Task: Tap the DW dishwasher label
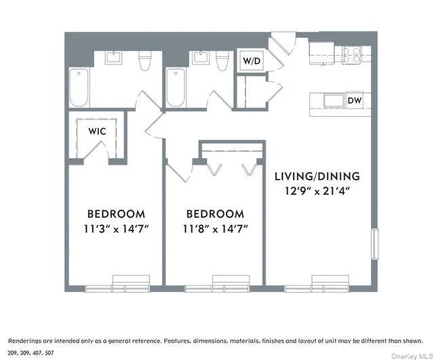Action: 354,101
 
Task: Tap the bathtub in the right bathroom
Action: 175,87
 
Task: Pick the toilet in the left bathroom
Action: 144,61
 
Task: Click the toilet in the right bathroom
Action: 221,60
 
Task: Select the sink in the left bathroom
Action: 112,58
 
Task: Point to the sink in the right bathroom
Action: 199,58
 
